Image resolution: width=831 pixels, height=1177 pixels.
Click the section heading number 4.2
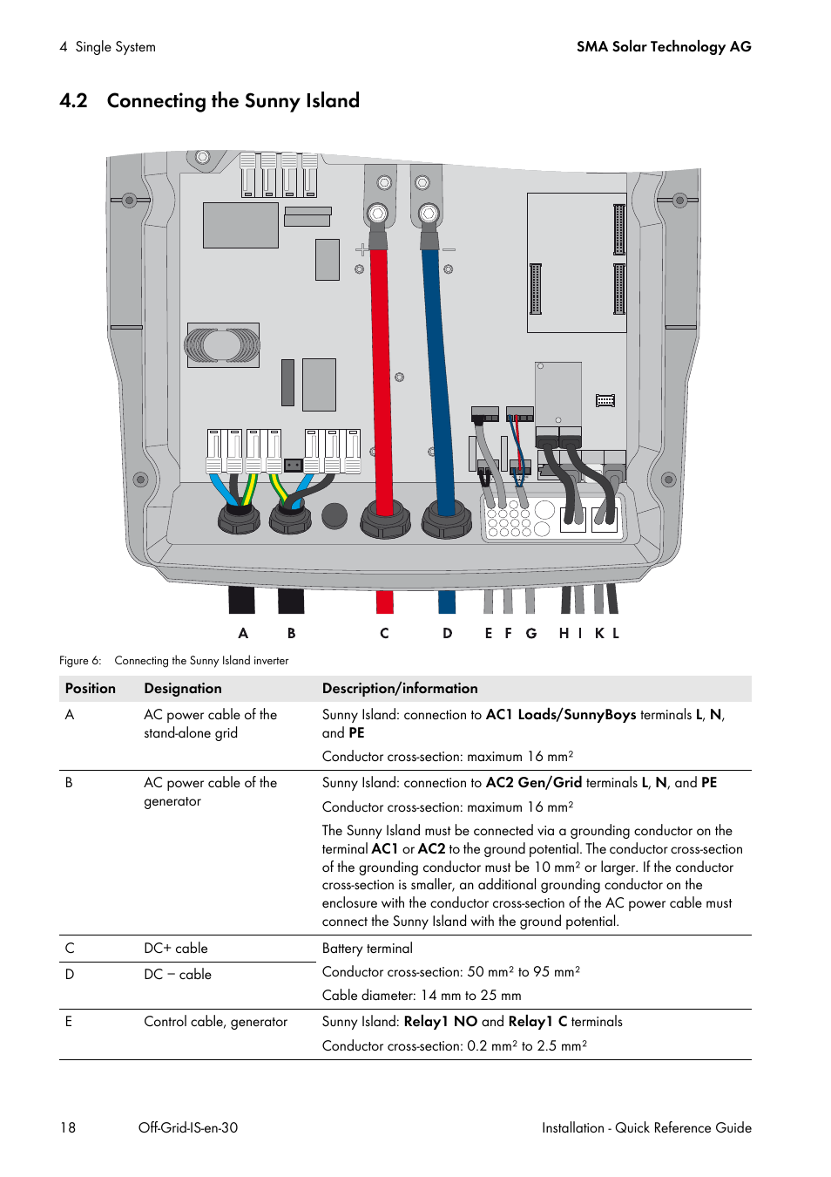click(73, 100)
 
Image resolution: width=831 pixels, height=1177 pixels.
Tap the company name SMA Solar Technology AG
click(664, 47)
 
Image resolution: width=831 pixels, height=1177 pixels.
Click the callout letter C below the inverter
click(384, 633)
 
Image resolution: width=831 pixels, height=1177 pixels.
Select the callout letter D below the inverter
click(447, 633)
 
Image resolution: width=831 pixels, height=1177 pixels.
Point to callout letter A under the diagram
click(242, 633)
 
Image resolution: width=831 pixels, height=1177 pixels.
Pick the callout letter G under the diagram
click(531, 633)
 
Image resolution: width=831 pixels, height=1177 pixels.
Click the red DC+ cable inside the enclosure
click(382, 378)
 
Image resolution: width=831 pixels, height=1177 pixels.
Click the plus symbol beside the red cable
click(361, 249)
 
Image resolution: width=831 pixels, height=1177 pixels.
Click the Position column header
click(91, 689)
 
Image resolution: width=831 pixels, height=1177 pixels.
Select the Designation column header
click(183, 689)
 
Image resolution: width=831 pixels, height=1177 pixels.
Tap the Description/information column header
click(400, 689)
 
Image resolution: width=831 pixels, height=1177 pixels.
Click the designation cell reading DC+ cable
click(176, 948)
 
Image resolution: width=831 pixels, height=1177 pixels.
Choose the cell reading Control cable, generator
click(216, 1022)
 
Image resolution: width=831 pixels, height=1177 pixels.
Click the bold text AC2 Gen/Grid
click(534, 782)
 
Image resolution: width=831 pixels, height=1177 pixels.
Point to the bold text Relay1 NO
click(441, 1021)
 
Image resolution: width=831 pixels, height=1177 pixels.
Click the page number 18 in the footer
click(68, 1127)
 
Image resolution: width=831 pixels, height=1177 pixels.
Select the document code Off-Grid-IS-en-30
click(188, 1127)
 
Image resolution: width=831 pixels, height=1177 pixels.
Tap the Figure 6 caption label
click(80, 661)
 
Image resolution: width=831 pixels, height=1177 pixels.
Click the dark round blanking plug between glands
click(334, 515)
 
